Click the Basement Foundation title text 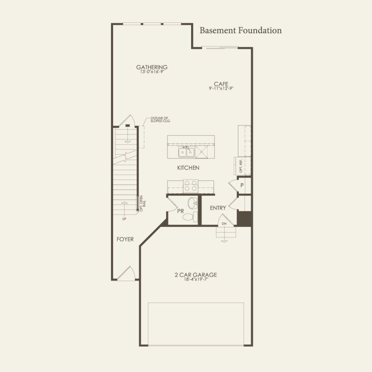coord(241,31)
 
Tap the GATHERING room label coord(152,67)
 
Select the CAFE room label coord(221,84)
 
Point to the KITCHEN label coord(188,168)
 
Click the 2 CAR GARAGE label coord(196,275)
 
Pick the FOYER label coord(125,239)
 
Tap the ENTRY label coord(218,208)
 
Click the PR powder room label coord(180,211)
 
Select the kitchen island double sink coord(186,152)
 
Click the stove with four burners coord(191,184)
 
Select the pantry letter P coord(242,185)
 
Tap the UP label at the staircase coord(125,219)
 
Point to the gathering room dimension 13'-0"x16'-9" coord(152,72)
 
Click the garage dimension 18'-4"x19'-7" coord(196,280)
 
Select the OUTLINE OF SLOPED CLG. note coord(160,119)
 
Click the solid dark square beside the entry coord(245,218)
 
